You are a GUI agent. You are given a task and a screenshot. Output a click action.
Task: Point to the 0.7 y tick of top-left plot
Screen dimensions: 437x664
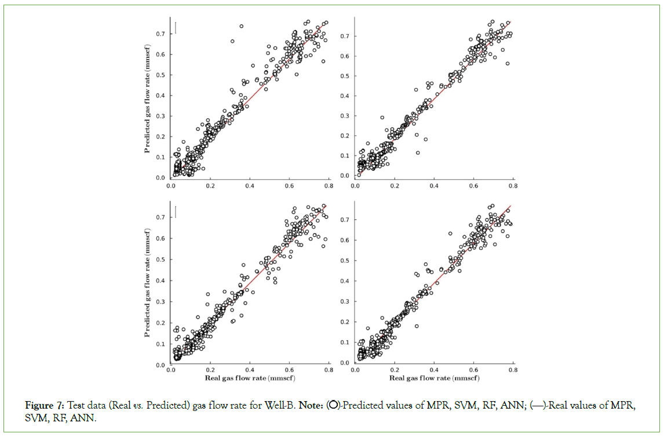159,34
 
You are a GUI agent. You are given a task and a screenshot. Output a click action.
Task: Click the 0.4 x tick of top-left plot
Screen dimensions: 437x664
250,186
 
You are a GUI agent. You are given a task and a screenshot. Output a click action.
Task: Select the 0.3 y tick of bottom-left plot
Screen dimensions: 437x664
159,302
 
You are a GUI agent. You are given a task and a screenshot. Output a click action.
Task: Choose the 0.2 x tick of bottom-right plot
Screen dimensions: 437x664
395,372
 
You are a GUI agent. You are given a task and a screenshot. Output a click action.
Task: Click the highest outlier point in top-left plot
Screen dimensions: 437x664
241,26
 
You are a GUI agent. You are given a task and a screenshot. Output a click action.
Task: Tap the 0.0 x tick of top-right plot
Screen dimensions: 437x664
355,186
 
